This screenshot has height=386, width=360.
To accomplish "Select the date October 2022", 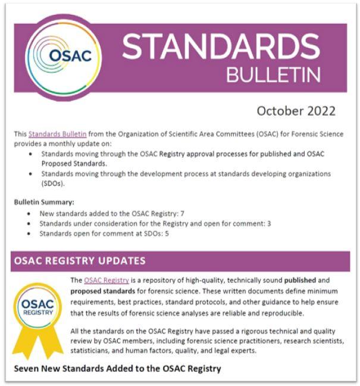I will (x=296, y=111).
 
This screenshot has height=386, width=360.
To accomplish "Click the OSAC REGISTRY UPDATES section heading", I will (x=78, y=261).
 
